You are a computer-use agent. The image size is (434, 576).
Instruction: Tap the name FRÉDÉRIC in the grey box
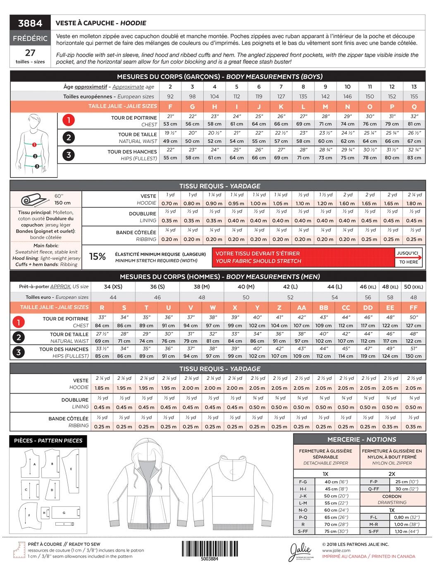[30, 38]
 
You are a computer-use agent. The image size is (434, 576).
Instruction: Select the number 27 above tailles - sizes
[30, 53]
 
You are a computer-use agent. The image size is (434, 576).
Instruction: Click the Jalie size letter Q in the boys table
[414, 107]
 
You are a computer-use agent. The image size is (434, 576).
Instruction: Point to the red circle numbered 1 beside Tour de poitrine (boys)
[69, 121]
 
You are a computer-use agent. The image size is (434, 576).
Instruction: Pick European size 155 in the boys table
[414, 97]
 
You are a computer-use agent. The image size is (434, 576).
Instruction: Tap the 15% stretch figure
[98, 257]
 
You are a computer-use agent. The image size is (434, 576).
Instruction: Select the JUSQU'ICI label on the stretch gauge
[408, 253]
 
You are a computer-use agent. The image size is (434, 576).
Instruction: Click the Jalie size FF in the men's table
[413, 308]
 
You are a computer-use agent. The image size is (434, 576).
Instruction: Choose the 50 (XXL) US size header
[413, 287]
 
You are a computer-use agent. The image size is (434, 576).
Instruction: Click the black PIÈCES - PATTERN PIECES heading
[48, 441]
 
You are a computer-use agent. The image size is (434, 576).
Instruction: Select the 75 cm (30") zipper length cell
[336, 531]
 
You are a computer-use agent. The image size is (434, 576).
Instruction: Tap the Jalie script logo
[301, 551]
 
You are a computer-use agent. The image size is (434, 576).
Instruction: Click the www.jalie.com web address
[336, 550]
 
